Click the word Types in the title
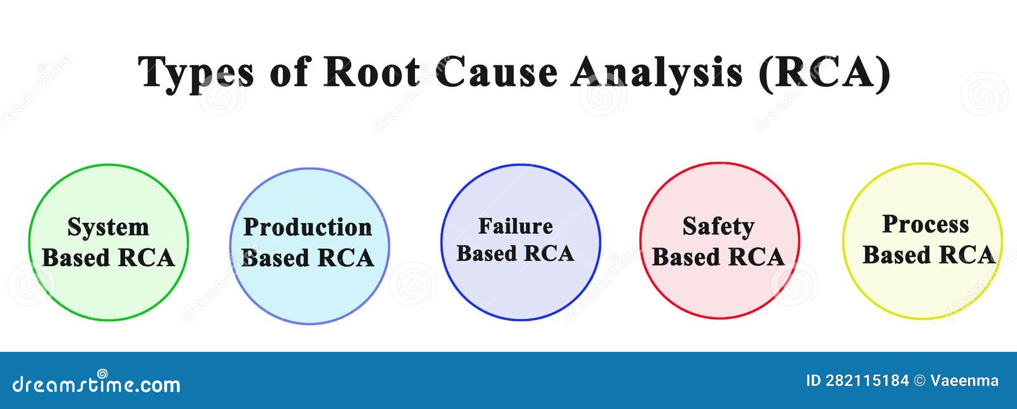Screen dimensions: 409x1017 click(x=196, y=72)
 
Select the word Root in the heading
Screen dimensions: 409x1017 click(x=372, y=72)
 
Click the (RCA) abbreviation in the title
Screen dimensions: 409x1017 click(x=824, y=72)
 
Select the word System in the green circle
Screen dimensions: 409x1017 click(x=108, y=227)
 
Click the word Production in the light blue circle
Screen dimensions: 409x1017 click(x=308, y=227)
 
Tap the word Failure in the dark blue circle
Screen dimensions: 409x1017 click(x=515, y=226)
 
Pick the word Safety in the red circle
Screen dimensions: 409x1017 click(x=718, y=226)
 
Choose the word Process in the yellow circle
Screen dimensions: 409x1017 click(x=925, y=224)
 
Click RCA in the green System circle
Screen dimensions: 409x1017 click(x=146, y=258)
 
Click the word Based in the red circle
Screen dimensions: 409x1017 click(x=685, y=257)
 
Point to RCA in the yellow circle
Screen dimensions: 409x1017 click(x=967, y=255)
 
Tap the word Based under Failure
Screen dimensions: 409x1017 click(x=486, y=253)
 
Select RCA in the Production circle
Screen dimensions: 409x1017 click(x=345, y=258)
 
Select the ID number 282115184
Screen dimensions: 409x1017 click(x=868, y=381)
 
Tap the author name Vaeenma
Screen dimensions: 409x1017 click(x=964, y=381)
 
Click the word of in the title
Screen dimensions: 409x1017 click(x=288, y=72)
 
